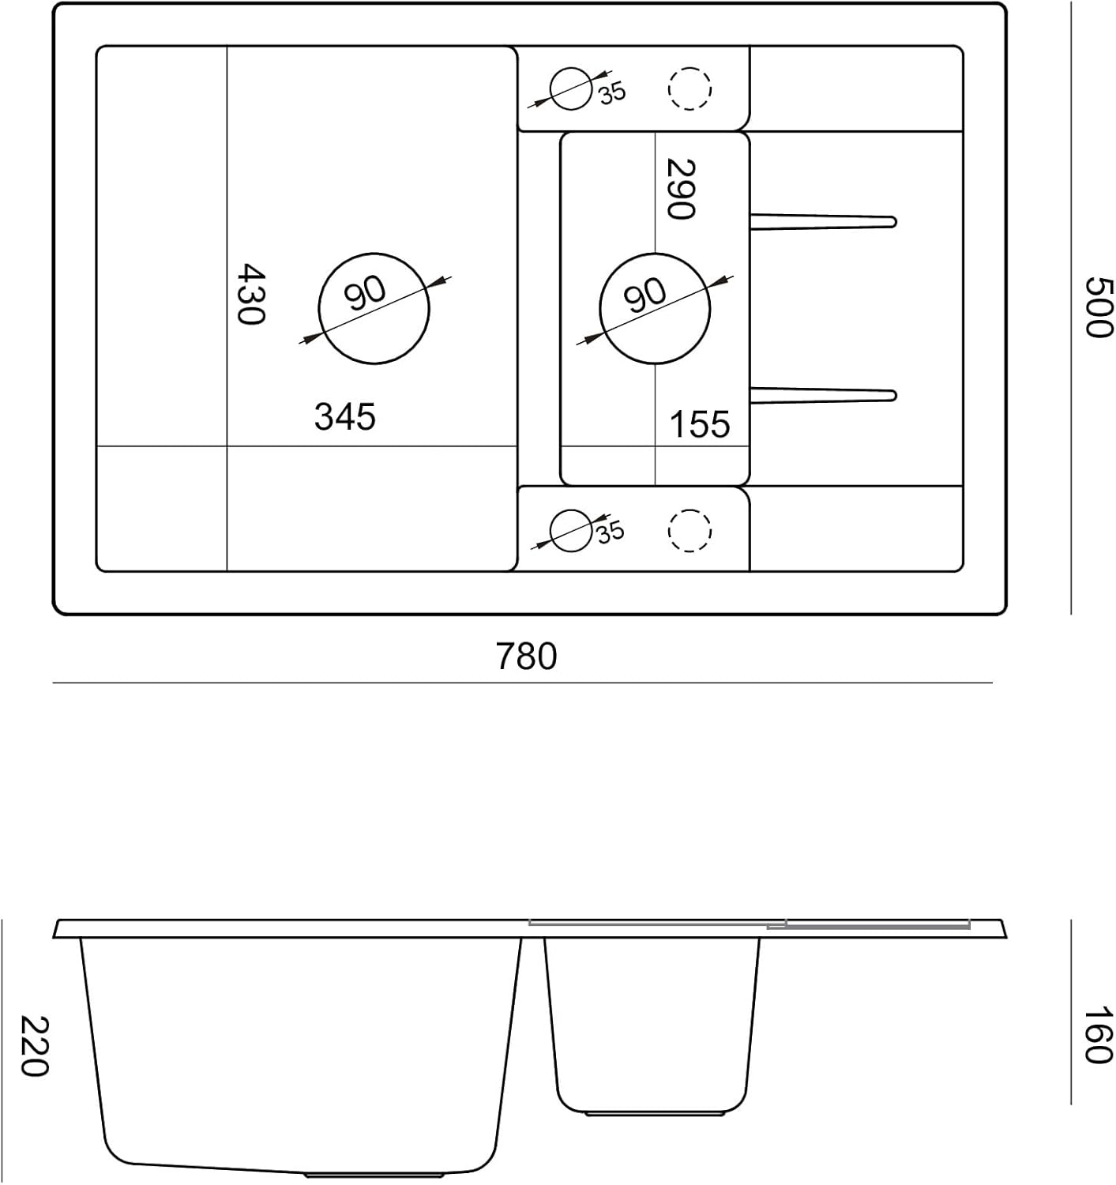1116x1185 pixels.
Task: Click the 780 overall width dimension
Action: [x=526, y=656]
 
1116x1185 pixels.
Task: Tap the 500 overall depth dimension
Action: [x=1098, y=307]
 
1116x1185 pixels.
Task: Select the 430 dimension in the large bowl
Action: [x=252, y=294]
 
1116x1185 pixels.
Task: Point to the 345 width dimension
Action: [x=345, y=416]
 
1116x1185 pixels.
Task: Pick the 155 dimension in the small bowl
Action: [x=700, y=425]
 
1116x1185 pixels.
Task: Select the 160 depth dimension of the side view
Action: [x=1098, y=1035]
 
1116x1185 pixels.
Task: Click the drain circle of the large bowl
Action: [x=374, y=308]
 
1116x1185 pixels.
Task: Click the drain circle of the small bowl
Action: [x=655, y=309]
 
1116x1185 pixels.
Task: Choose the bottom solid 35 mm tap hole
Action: [x=570, y=530]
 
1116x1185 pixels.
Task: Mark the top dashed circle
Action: [x=690, y=88]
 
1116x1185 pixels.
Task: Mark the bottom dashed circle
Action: [x=690, y=529]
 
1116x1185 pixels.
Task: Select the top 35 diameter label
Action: [x=612, y=93]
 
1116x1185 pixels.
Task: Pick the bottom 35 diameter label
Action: [x=610, y=532]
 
